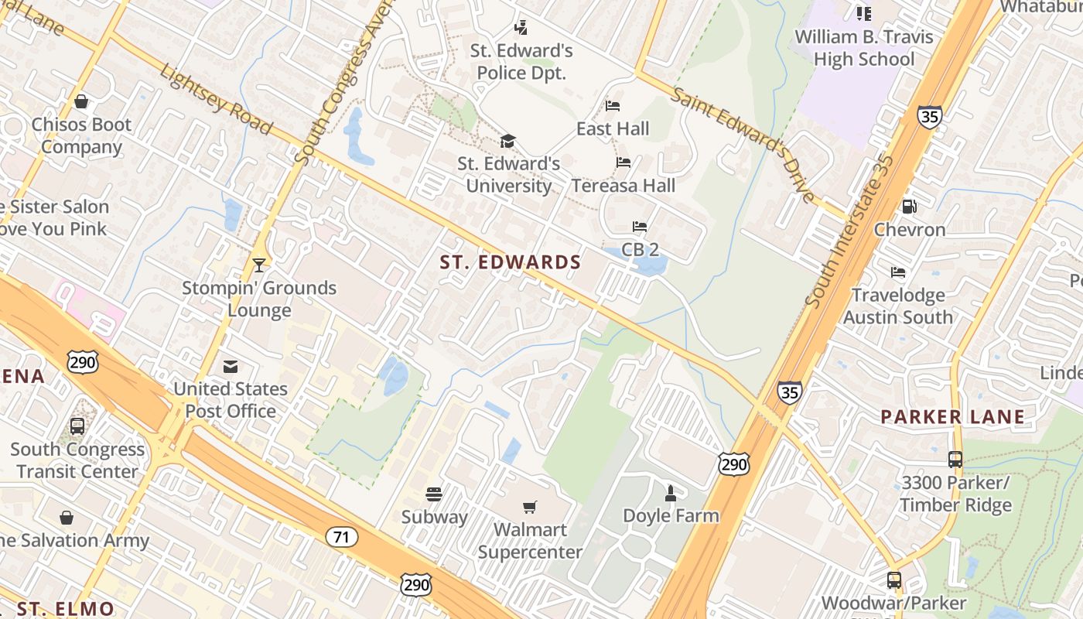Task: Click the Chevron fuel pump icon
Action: pyautogui.click(x=910, y=207)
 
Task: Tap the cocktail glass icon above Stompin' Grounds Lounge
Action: pyautogui.click(x=259, y=265)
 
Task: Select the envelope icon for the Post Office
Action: pyautogui.click(x=231, y=367)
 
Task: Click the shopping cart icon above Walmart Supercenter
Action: pyautogui.click(x=529, y=508)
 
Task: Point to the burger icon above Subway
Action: pyautogui.click(x=434, y=494)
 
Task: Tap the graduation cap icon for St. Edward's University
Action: pyautogui.click(x=507, y=141)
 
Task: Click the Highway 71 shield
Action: pyautogui.click(x=341, y=537)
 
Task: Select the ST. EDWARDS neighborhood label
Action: pyautogui.click(x=511, y=262)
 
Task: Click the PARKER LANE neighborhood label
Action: pyautogui.click(x=953, y=417)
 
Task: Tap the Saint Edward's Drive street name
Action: pyautogui.click(x=743, y=145)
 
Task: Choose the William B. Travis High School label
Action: pyautogui.click(x=864, y=48)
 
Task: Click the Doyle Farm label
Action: pyautogui.click(x=671, y=515)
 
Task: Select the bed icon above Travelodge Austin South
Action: pyautogui.click(x=898, y=272)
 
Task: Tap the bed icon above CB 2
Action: pyautogui.click(x=640, y=227)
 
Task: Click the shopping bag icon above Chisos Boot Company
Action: pyautogui.click(x=80, y=101)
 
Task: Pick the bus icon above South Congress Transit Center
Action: pyautogui.click(x=77, y=426)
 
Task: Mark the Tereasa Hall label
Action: pyautogui.click(x=623, y=186)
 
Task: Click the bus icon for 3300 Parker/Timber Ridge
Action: pyautogui.click(x=955, y=460)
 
